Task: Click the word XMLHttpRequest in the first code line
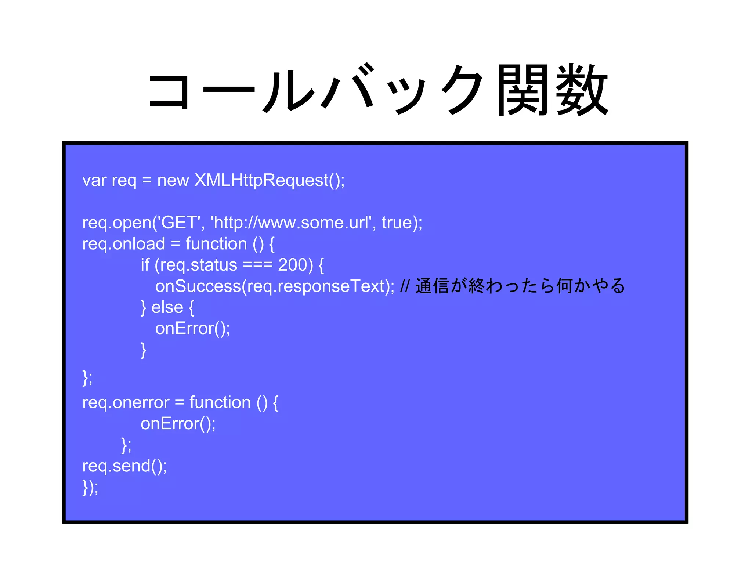pyautogui.click(x=261, y=180)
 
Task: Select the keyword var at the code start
pyautogui.click(x=94, y=180)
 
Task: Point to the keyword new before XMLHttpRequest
pyautogui.click(x=173, y=180)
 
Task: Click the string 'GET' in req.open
pyautogui.click(x=179, y=223)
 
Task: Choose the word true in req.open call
pyautogui.click(x=397, y=223)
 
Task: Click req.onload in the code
pyautogui.click(x=123, y=244)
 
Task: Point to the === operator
pyautogui.click(x=258, y=265)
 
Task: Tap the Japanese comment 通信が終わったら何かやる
pyautogui.click(x=520, y=286)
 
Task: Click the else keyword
pyautogui.click(x=167, y=307)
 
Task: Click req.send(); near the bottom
pyautogui.click(x=124, y=466)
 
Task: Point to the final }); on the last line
pyautogui.click(x=90, y=488)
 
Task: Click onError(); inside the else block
pyautogui.click(x=192, y=328)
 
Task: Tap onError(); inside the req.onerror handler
pyautogui.click(x=178, y=424)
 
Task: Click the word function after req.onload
pyautogui.click(x=216, y=244)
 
